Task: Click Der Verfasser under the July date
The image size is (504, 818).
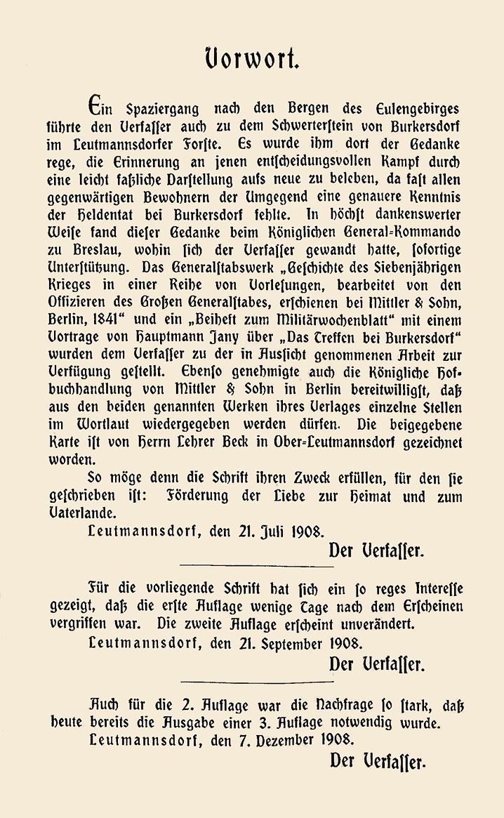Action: [376, 550]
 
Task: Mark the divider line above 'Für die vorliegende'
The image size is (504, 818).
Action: [257, 565]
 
